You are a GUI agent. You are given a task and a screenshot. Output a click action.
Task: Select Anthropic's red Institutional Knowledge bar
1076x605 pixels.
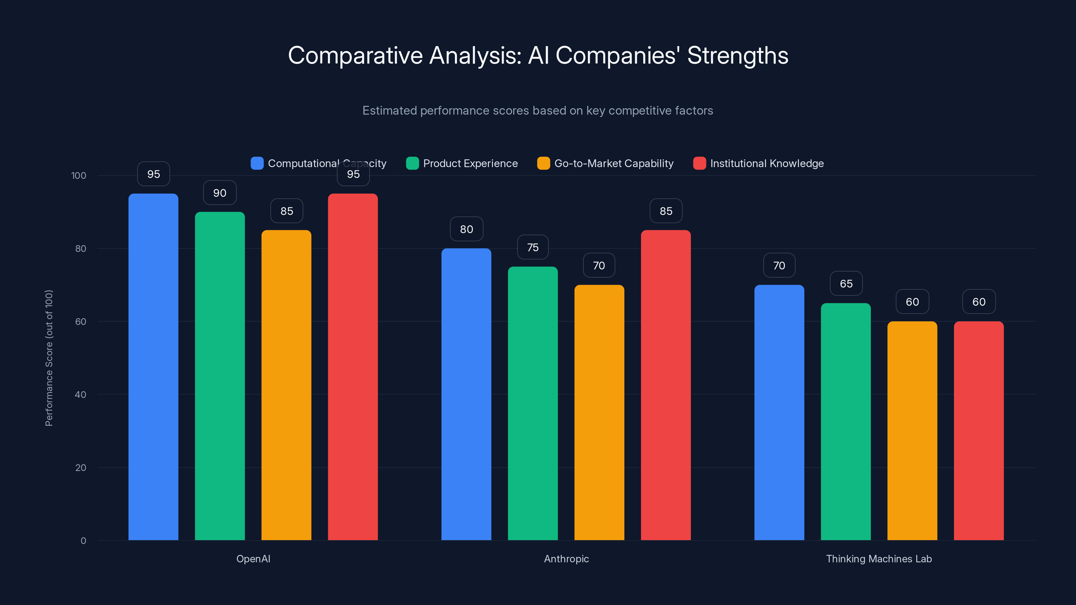[x=666, y=385]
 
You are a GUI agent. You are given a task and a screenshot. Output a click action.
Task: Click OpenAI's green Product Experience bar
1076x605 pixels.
[x=220, y=376]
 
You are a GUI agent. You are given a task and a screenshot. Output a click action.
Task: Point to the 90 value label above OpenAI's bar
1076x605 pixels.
[x=220, y=193]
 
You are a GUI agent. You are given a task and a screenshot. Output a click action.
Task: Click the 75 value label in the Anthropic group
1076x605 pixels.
[x=533, y=248]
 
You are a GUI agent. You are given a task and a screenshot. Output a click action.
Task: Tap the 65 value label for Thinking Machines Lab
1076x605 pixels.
[x=846, y=284]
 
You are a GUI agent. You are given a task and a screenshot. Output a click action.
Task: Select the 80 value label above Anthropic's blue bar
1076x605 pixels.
[x=466, y=229]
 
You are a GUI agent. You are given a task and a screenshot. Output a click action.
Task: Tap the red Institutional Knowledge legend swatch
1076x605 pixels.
[x=699, y=163]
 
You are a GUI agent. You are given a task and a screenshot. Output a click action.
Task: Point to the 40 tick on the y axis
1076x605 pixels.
[x=81, y=395]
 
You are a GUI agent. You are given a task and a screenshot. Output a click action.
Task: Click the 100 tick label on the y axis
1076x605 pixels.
[x=79, y=175]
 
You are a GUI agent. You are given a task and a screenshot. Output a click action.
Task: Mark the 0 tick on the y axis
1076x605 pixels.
[x=83, y=541]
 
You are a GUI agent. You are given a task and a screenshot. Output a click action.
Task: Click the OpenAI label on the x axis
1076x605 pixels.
[x=253, y=559]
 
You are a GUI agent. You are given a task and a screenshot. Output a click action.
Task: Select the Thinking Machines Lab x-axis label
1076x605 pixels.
[x=879, y=559]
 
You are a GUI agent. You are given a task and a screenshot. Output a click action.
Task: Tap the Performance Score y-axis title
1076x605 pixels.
[x=49, y=358]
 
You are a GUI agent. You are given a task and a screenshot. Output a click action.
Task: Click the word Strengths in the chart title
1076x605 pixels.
[x=737, y=55]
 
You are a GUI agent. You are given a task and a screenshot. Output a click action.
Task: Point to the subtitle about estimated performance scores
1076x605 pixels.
[x=538, y=111]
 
